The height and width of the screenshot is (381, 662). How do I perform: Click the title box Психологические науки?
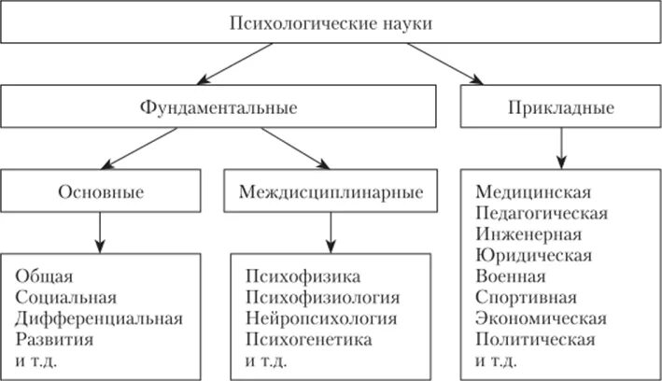click(x=331, y=21)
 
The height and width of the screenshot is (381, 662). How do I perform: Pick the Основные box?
click(x=100, y=193)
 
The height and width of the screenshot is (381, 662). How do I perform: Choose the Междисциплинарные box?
click(x=331, y=193)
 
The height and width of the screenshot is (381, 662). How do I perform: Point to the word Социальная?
click(x=66, y=298)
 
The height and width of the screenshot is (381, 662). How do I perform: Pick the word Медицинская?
click(x=533, y=193)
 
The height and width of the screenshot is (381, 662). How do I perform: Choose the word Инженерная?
click(x=528, y=234)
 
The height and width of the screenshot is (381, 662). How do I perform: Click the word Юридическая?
click(x=533, y=255)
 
